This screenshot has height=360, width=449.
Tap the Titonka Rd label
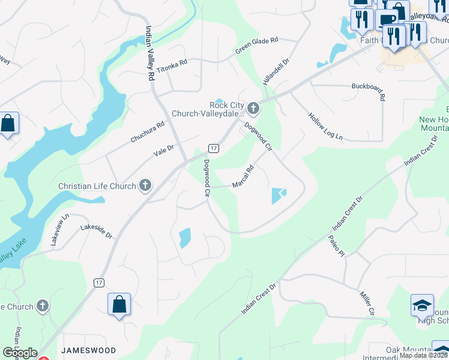coord(172,66)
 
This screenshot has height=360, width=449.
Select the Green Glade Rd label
coord(258,46)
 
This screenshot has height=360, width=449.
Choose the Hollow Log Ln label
coord(325,127)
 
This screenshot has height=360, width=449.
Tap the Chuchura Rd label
coord(148,133)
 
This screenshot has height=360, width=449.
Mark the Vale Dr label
coord(163,150)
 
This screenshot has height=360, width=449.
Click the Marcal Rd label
coord(244,176)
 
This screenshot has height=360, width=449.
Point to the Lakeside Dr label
coord(97,232)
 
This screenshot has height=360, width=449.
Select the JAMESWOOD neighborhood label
coord(88,349)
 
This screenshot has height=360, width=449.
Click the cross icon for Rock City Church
coord(253,109)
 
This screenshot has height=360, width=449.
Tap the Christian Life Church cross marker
coord(145,186)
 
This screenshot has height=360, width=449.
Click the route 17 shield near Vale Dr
coord(213,148)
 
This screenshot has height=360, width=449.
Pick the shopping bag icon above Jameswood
coord(119,304)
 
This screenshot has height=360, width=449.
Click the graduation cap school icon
coord(422,305)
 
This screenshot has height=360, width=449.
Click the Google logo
coord(20,353)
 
